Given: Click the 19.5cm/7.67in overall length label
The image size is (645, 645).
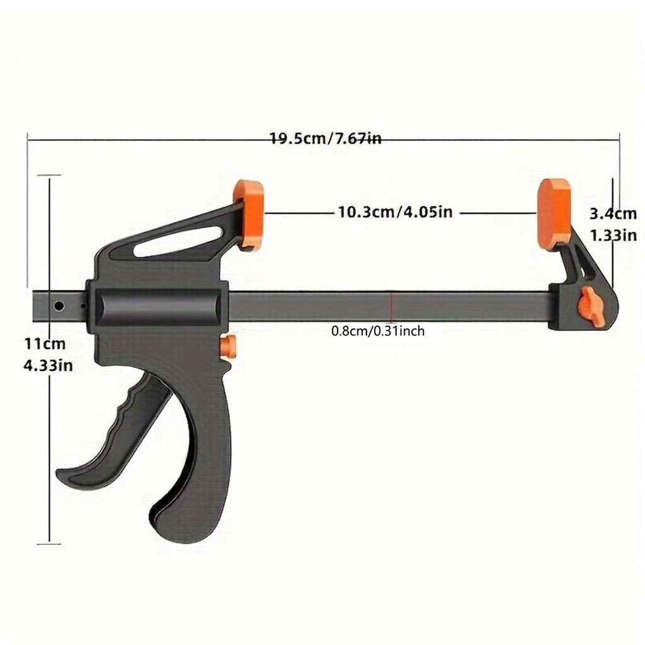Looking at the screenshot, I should [325, 139].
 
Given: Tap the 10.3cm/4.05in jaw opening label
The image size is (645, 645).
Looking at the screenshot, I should [395, 212].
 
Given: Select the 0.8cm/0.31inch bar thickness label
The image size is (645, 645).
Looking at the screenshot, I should [378, 331].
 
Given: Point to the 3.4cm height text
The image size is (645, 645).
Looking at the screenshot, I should [613, 214].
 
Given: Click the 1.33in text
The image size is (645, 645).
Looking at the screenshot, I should [613, 235].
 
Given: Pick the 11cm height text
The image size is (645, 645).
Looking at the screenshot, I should [45, 344].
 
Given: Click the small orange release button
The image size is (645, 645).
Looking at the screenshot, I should [228, 345].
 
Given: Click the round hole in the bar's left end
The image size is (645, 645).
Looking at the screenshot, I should [59, 306].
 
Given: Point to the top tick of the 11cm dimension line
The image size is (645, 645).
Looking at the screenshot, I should [49, 176].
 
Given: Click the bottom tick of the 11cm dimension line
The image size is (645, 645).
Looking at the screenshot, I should [49, 542].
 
